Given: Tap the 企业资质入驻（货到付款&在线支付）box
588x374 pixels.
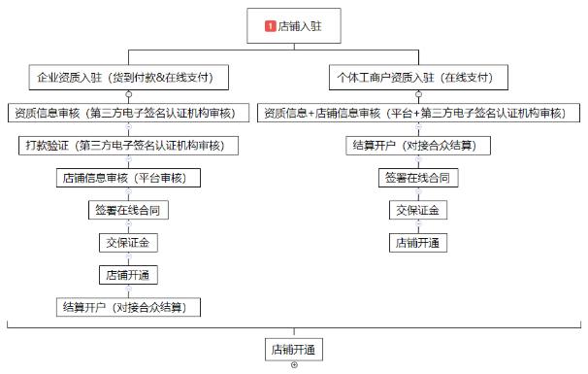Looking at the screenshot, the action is pyautogui.click(x=125, y=77).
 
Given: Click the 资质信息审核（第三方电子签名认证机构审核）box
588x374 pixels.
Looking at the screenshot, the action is pyautogui.click(x=125, y=113).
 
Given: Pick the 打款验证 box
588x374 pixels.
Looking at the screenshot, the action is pyautogui.click(x=125, y=146).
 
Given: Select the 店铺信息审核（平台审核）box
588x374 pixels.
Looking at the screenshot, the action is pyautogui.click(x=125, y=178).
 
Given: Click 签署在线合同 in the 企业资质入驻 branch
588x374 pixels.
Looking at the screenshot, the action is pyautogui.click(x=125, y=210).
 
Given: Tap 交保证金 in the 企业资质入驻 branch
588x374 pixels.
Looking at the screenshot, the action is pyautogui.click(x=125, y=242).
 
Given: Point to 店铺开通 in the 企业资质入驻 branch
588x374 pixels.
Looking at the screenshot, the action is pyautogui.click(x=125, y=275).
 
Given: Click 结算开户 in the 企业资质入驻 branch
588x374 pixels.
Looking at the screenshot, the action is pyautogui.click(x=125, y=307).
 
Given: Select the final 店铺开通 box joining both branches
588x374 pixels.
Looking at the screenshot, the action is pyautogui.click(x=294, y=349).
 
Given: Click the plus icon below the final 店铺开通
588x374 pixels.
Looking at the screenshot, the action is pyautogui.click(x=294, y=365).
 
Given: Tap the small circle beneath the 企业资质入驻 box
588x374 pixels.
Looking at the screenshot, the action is pyautogui.click(x=125, y=94).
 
